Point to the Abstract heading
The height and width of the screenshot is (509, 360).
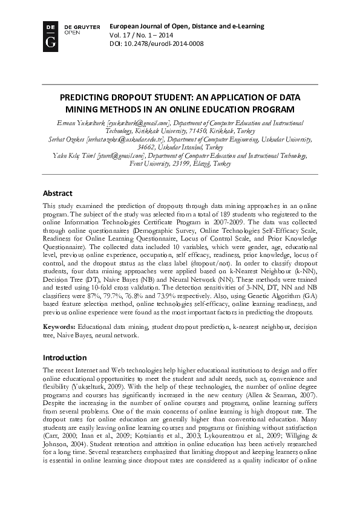57,193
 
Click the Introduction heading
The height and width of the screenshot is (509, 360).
65,357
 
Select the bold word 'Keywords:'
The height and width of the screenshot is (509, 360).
59,326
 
